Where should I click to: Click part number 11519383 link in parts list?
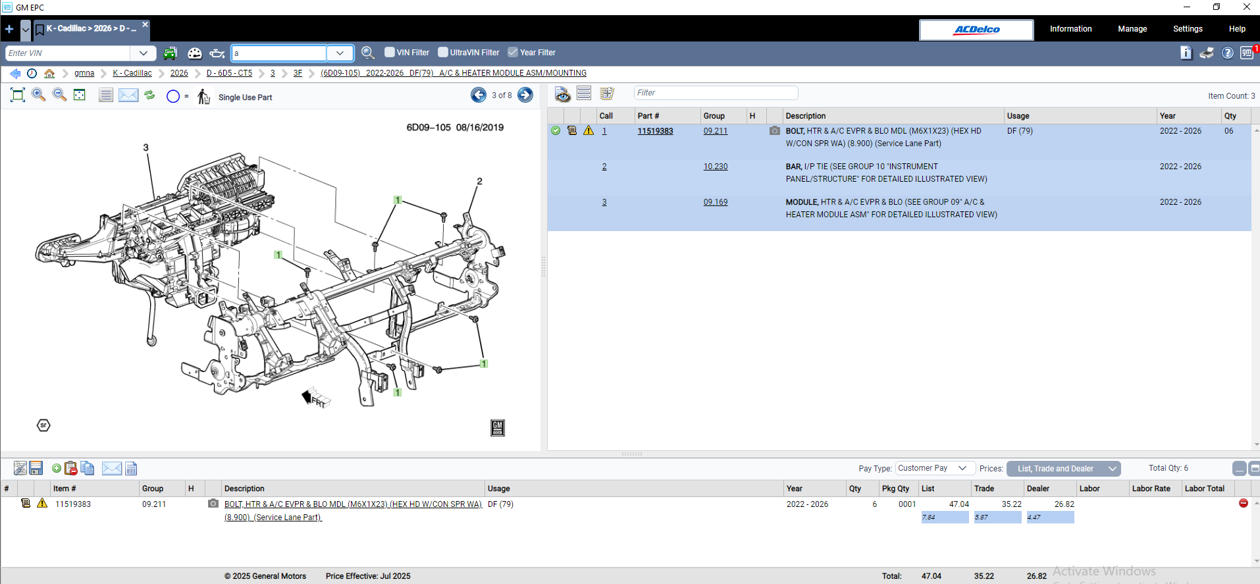[x=655, y=131]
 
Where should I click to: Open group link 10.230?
[x=715, y=167]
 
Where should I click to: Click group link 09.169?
[x=715, y=202]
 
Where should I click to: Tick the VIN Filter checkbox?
[x=390, y=52]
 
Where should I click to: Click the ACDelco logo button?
[x=976, y=30]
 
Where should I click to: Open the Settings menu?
[x=1187, y=29]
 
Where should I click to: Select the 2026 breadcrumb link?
[x=179, y=73]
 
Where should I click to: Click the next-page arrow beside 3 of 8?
[x=525, y=95]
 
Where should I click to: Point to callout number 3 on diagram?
[x=146, y=147]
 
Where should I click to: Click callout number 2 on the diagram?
[x=479, y=181]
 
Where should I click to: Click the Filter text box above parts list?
[x=715, y=93]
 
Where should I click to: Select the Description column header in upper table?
[x=805, y=116]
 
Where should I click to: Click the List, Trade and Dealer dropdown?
[x=1063, y=469]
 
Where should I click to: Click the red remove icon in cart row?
[x=1243, y=503]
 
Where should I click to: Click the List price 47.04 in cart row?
[x=958, y=504]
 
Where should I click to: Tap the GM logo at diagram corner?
[x=498, y=428]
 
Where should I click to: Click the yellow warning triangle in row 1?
[x=589, y=131]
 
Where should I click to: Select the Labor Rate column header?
[x=1151, y=489]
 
